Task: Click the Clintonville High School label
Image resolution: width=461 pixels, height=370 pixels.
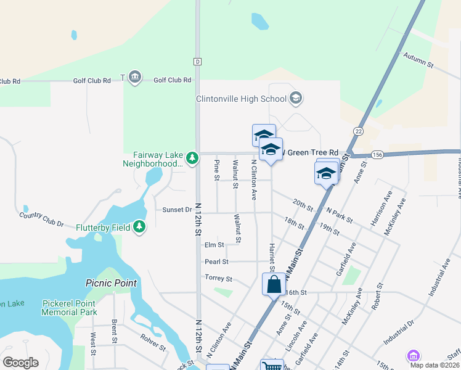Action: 242,99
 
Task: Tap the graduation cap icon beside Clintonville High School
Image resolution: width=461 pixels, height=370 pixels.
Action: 296,98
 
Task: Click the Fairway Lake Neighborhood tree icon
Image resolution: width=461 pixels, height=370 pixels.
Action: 192,158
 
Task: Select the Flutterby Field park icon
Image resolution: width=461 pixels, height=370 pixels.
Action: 141,228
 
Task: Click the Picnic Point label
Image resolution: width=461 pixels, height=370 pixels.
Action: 110,283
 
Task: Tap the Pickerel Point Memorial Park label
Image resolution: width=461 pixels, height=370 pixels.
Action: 70,308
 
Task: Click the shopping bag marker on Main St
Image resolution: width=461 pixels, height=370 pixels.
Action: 274,285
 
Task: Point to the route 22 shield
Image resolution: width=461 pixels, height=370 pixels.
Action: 359,131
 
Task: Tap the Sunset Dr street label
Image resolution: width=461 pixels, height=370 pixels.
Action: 177,210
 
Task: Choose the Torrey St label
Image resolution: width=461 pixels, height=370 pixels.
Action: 218,279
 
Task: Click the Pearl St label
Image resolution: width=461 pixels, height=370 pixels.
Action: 216,261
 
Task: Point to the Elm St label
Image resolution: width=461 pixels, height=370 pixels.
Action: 214,245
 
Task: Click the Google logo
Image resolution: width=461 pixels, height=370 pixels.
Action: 20,362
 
